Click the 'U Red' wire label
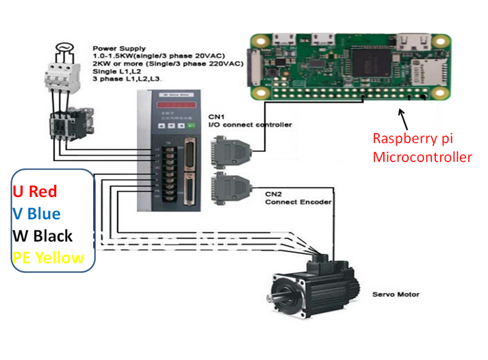[34, 192]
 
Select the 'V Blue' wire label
[36, 214]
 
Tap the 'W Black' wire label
[42, 235]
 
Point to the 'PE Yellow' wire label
[49, 258]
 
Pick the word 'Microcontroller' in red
[422, 157]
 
